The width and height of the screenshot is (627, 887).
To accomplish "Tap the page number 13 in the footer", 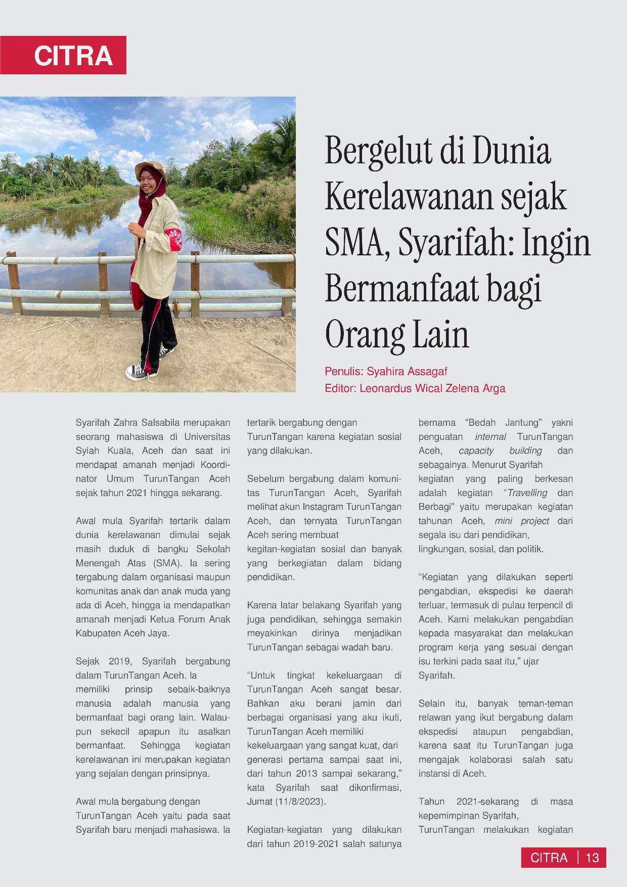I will click(x=592, y=858).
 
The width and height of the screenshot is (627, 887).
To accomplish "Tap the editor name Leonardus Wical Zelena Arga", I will click(x=432, y=388).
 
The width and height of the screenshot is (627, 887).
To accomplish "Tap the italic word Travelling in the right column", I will click(x=527, y=493).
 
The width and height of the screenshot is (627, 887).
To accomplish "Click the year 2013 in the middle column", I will click(x=307, y=774).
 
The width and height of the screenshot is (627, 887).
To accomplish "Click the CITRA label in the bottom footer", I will click(x=549, y=858).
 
